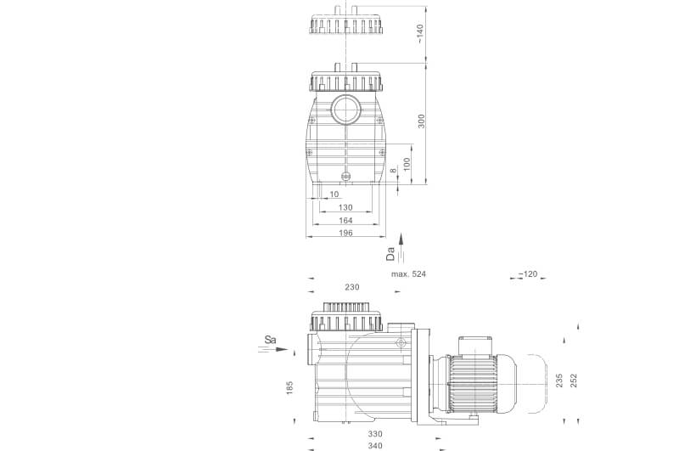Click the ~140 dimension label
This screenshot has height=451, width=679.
tap(419, 34)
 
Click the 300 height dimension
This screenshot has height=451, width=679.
tap(421, 121)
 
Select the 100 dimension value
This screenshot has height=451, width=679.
tap(407, 164)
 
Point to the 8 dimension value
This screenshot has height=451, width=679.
tap(393, 170)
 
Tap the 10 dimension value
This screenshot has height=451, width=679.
tap(334, 194)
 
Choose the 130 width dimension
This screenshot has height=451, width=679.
tap(345, 207)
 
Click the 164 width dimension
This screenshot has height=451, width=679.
tap(345, 221)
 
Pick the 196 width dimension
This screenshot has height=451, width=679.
tap(345, 233)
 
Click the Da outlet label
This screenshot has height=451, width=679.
tap(390, 254)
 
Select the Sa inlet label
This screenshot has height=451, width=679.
tap(270, 340)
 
